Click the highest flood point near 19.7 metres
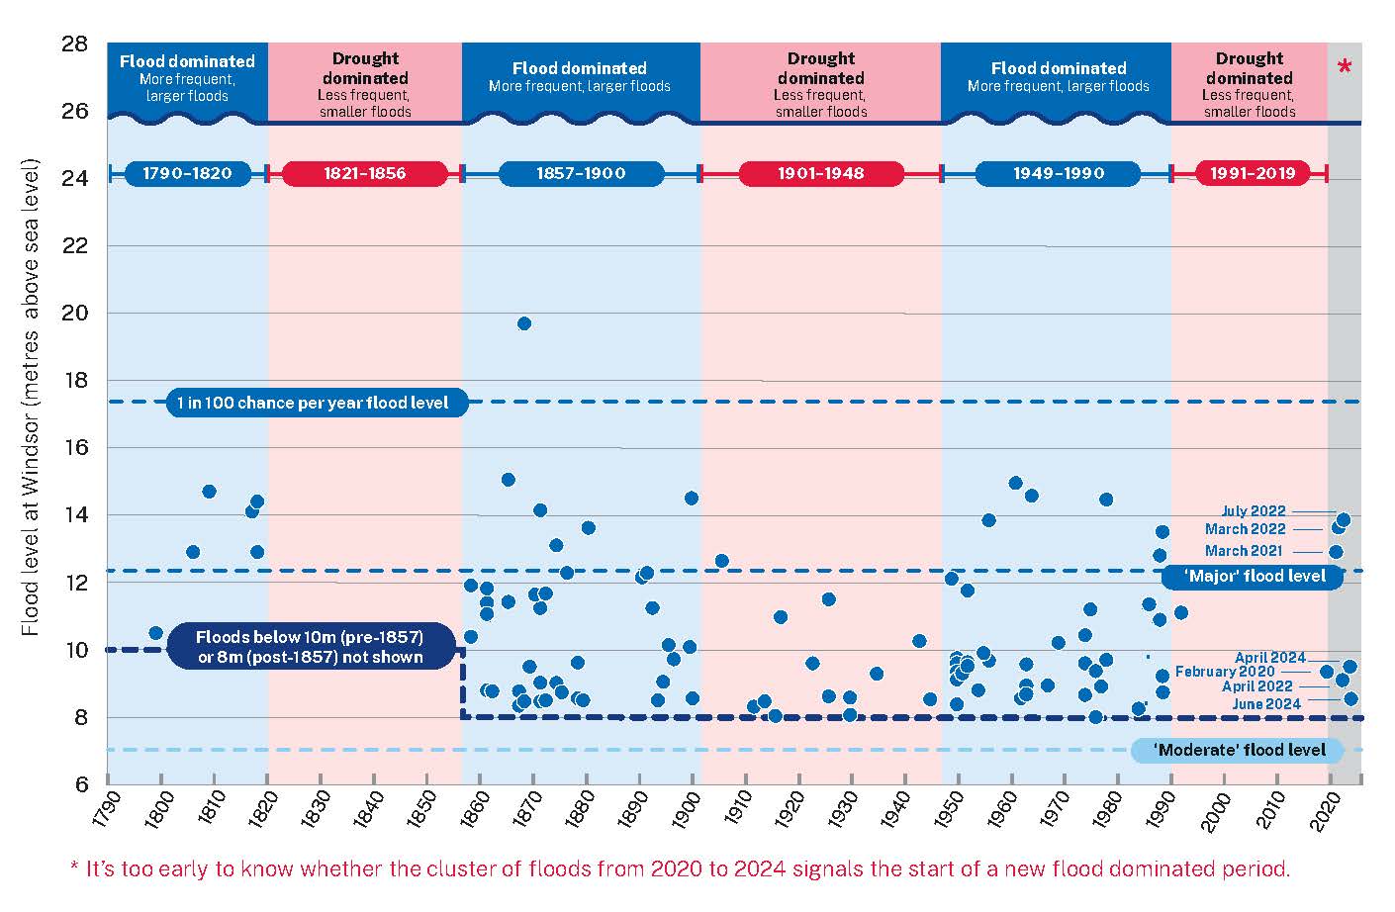524,323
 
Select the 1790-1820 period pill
187,174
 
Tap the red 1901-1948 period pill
820,174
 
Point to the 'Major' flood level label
1254,576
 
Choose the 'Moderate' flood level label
1239,750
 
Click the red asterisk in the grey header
1344,68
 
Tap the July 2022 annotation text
1253,511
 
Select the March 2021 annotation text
1243,551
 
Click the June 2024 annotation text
1265,704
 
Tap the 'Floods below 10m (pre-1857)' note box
309,647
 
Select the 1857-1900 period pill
581,174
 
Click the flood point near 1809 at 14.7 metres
209,492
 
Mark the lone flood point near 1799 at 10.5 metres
155,633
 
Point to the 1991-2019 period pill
1252,174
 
